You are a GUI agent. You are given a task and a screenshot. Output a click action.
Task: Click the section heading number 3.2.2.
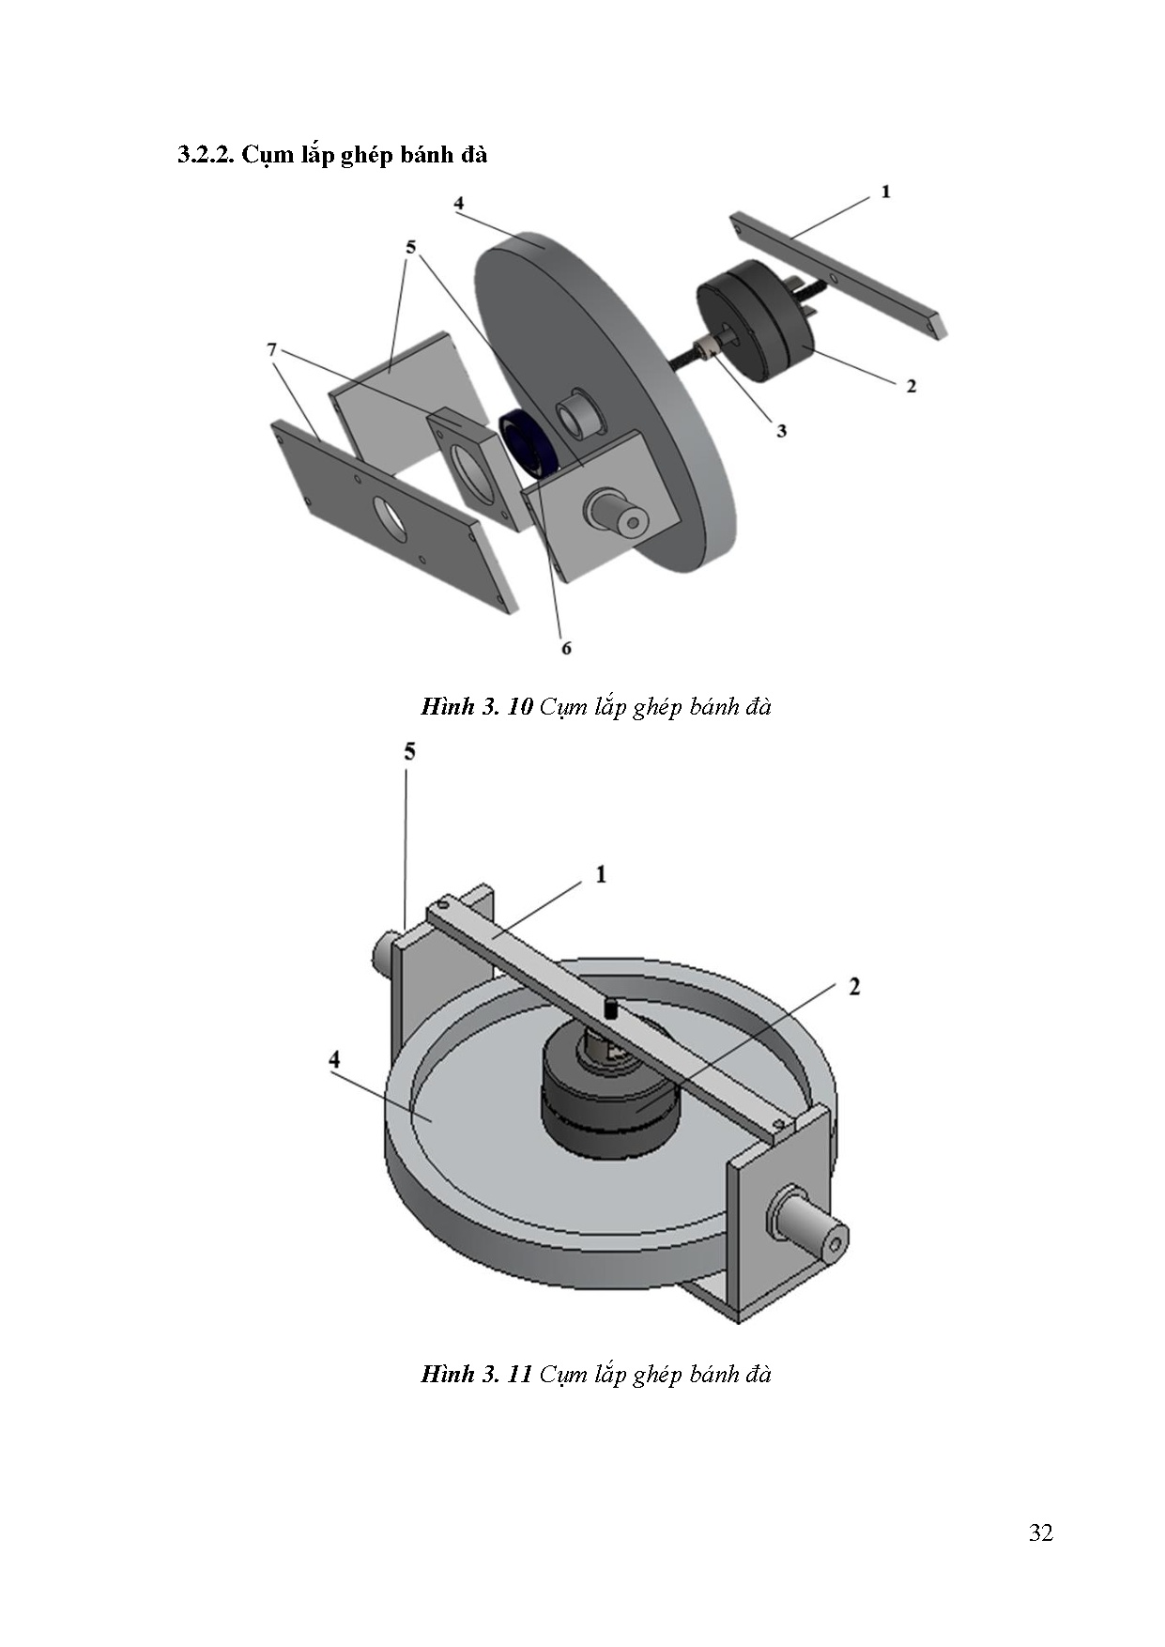[x=206, y=155]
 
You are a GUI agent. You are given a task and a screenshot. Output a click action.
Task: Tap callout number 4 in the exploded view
[x=458, y=203]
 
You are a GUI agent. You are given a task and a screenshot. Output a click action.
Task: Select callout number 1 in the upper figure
[x=885, y=192]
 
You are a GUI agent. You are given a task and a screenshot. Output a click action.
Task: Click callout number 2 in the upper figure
[x=911, y=385]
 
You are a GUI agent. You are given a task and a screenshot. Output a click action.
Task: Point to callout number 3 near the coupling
[x=781, y=431]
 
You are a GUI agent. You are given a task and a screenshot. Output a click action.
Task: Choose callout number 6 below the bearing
[x=566, y=648]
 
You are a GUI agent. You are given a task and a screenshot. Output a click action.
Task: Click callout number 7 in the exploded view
[x=272, y=349]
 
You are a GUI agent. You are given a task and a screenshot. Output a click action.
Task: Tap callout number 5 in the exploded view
[x=410, y=247]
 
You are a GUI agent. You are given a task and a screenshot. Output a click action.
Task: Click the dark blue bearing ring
[x=529, y=444]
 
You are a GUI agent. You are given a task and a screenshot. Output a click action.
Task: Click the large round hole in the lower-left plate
[x=388, y=516]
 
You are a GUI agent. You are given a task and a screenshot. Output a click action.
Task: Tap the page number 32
[x=1040, y=1533]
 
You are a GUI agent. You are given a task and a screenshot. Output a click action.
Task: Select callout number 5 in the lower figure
[x=409, y=751]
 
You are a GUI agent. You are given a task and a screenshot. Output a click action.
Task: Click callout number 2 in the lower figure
[x=854, y=987]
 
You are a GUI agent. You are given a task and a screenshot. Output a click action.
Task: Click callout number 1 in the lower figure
[x=601, y=874]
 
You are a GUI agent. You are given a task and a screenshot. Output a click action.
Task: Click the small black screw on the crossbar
[x=609, y=1010]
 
